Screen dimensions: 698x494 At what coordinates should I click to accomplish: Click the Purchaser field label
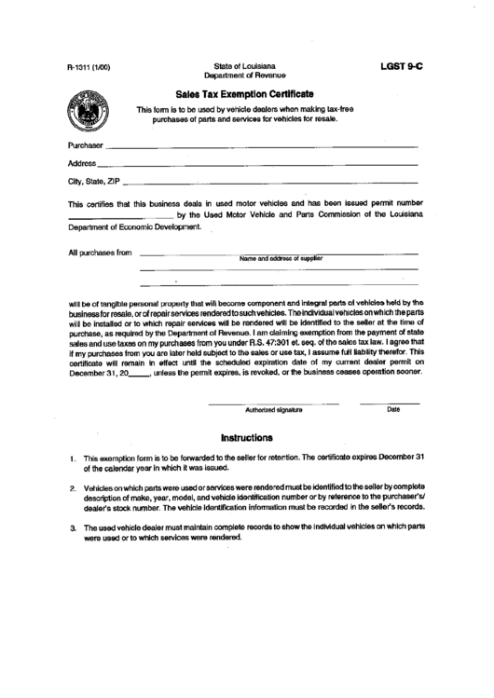86,146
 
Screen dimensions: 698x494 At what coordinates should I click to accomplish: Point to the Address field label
82,163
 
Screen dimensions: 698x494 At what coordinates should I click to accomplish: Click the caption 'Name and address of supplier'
280,258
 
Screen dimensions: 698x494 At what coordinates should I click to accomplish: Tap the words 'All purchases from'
100,253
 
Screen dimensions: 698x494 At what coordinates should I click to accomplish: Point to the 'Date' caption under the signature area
392,408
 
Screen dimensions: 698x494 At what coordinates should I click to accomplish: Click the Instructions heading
246,436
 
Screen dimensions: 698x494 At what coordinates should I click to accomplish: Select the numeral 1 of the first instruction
73,459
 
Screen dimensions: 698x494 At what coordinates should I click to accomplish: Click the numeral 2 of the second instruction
73,488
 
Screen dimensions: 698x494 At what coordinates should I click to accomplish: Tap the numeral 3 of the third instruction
73,528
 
